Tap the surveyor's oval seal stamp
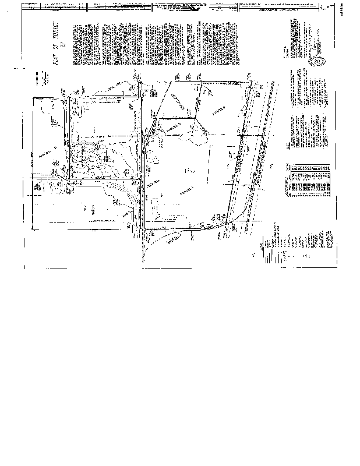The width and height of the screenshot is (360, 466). point(319,61)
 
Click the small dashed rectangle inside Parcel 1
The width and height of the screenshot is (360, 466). point(156,207)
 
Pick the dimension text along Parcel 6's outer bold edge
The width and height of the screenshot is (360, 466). point(33,166)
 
